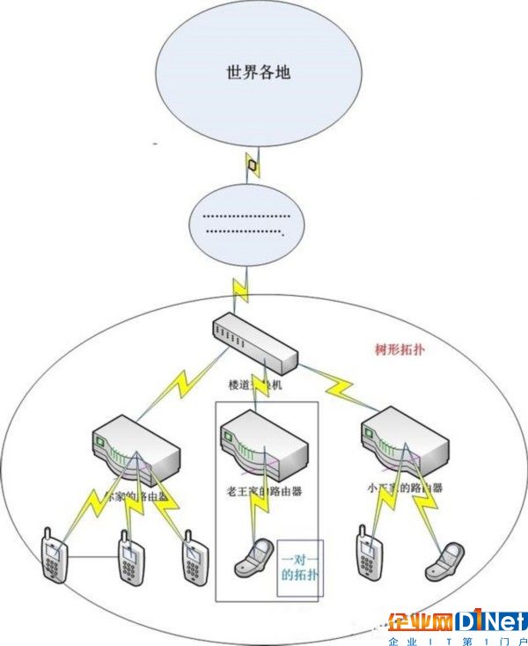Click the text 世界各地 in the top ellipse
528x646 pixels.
click(x=258, y=72)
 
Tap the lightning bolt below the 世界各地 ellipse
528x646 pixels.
click(x=253, y=164)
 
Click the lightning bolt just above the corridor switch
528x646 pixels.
click(x=239, y=285)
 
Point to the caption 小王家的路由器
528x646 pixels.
click(x=406, y=487)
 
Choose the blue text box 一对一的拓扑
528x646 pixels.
click(x=300, y=567)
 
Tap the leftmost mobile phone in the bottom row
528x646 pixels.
click(x=55, y=555)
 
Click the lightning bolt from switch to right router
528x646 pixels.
click(x=338, y=384)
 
